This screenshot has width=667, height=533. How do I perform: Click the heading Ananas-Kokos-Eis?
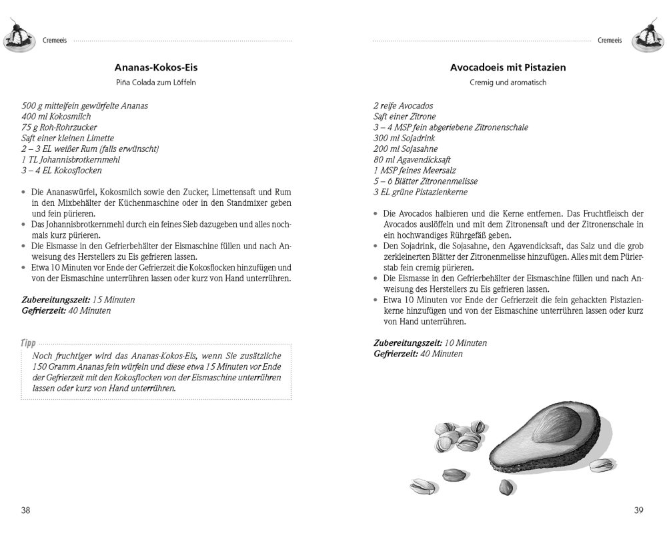156,67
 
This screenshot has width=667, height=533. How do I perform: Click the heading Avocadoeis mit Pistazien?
508,67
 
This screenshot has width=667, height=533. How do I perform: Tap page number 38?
25,510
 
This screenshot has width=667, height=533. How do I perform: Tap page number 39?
638,510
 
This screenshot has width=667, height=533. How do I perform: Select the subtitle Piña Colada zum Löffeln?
156,83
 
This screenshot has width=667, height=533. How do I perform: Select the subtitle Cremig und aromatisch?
508,83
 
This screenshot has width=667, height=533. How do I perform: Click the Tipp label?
28,342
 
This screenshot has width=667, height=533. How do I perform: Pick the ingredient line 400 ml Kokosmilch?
56,117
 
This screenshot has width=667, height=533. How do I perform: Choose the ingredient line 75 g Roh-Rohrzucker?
59,127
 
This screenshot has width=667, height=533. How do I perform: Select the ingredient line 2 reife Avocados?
403,106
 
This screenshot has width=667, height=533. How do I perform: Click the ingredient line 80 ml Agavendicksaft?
412,160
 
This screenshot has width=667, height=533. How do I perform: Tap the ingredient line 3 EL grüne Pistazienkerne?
420,192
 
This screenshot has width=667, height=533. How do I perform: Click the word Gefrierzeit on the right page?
396,354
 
